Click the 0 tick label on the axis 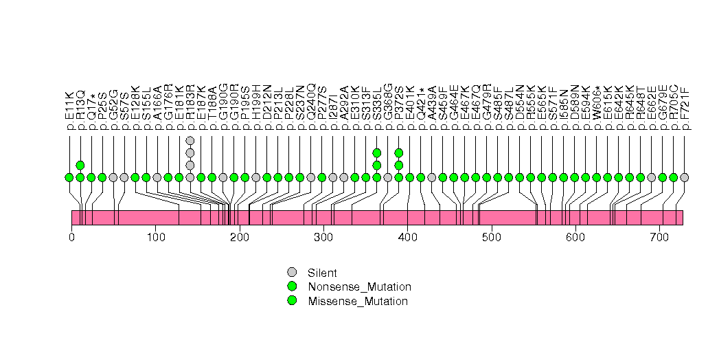(x=71, y=238)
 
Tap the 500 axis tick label (x=491, y=238)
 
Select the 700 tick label (x=659, y=238)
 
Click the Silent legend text (x=323, y=273)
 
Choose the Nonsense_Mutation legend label (x=360, y=286)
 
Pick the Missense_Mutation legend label (x=358, y=301)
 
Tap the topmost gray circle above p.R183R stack (x=190, y=141)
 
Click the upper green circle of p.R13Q (x=80, y=165)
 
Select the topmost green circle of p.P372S (x=399, y=153)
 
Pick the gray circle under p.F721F (x=685, y=177)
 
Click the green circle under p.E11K (x=69, y=177)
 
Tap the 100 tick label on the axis (x=155, y=238)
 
